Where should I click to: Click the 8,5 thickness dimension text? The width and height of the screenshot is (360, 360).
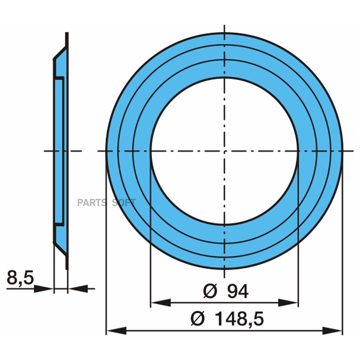click(20, 278)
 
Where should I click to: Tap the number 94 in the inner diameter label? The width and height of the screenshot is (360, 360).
click(238, 291)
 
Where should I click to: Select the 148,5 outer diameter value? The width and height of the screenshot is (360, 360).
click(239, 319)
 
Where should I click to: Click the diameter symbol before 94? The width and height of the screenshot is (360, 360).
click(210, 291)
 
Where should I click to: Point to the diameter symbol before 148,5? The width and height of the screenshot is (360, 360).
click(198, 319)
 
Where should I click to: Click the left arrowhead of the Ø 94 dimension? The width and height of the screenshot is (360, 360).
click(161, 303)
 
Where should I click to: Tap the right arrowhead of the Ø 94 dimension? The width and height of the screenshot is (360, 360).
click(288, 303)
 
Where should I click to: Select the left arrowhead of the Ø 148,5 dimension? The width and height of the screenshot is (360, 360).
click(117, 331)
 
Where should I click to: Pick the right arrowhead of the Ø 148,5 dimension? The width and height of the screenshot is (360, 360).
click(332, 331)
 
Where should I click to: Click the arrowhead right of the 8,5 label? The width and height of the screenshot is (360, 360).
click(44, 288)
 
